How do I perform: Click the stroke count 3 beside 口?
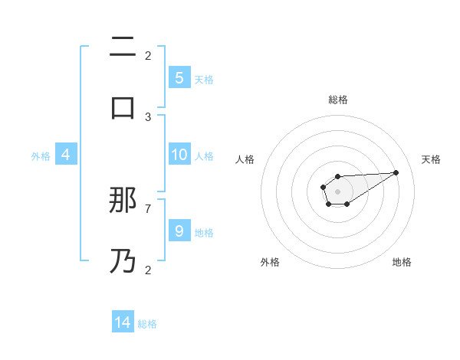148,116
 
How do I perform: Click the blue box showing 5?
179,77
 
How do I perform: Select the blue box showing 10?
179,155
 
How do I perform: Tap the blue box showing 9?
179,231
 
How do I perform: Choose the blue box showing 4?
65,155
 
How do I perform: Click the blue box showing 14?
123,322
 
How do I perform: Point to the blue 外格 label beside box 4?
41,156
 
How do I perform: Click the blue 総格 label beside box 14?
147,324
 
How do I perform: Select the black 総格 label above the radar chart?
338,100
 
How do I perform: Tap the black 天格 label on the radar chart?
431,159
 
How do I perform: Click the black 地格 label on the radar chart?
402,262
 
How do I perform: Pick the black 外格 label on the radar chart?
270,262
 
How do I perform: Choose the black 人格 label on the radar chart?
245,159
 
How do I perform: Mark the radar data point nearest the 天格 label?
396,172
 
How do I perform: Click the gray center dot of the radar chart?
337,191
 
